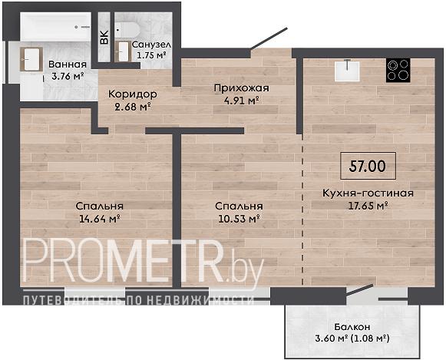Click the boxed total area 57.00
(x=368, y=166)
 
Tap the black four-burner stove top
(x=398, y=71)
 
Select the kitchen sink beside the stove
(x=347, y=71)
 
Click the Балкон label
(x=352, y=327)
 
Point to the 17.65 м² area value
(x=368, y=205)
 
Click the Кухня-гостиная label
(x=368, y=193)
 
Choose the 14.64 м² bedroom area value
(x=99, y=219)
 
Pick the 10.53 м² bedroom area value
(x=239, y=219)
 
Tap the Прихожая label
(x=241, y=88)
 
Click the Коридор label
(x=133, y=94)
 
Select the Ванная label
(x=68, y=64)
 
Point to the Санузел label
(x=151, y=45)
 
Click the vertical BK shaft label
(x=104, y=37)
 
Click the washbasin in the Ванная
(x=31, y=59)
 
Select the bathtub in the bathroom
(x=56, y=27)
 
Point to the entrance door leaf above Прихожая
(x=269, y=38)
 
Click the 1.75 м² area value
(x=151, y=54)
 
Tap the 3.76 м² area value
(x=68, y=76)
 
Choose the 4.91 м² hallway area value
(x=241, y=101)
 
